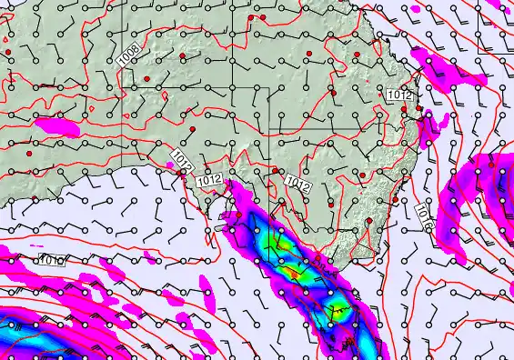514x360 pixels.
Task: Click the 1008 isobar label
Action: [x=128, y=56]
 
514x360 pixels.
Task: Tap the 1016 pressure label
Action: [x=425, y=215]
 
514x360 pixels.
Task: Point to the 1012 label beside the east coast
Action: [x=399, y=95]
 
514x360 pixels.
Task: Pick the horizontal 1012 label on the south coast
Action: [x=209, y=179]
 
